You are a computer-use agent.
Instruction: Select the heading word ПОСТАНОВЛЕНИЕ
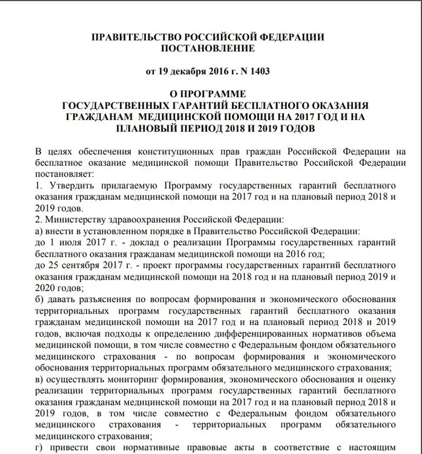pos(208,48)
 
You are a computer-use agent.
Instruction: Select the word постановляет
pos(61,173)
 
